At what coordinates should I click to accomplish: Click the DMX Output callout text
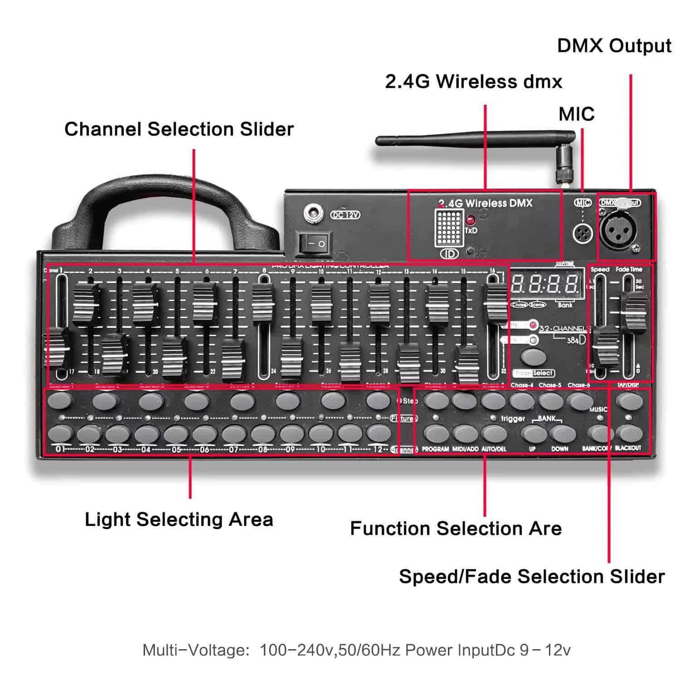click(614, 46)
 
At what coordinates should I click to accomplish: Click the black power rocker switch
click(314, 243)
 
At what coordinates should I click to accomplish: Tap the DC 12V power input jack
click(312, 213)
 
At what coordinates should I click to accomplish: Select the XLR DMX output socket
click(618, 229)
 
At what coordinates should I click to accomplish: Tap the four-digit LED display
click(545, 285)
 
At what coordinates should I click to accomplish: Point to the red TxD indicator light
click(470, 221)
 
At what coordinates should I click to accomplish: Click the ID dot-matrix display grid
click(448, 228)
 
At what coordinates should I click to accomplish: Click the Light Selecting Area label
click(179, 520)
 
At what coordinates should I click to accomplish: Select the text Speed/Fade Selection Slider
click(531, 577)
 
